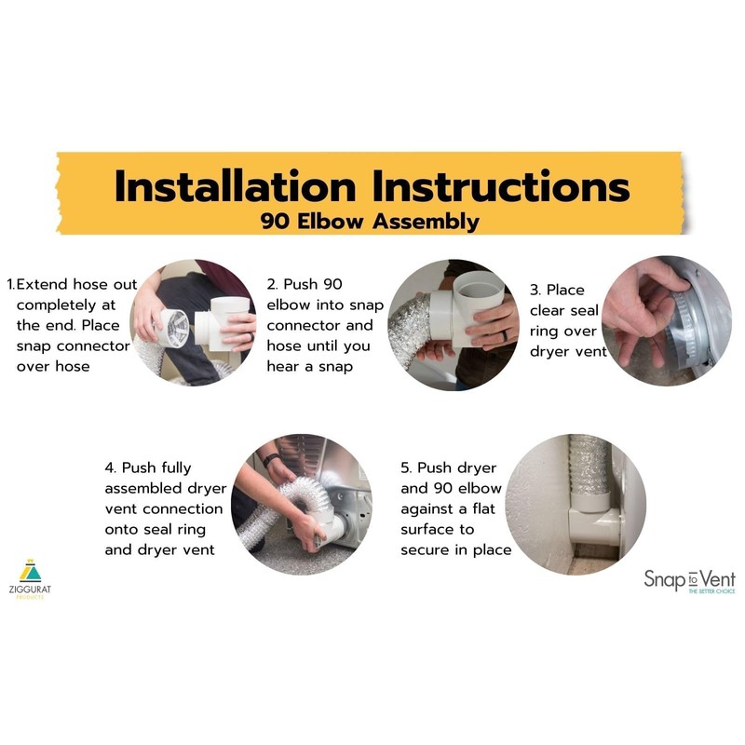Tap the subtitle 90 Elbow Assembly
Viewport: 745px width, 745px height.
(x=372, y=222)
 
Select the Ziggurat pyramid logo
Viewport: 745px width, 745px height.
(x=31, y=570)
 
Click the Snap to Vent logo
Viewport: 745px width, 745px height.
(x=688, y=580)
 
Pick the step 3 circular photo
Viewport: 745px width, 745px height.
(x=667, y=321)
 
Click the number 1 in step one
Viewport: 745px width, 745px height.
(x=10, y=284)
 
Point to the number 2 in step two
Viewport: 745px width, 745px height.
(x=272, y=284)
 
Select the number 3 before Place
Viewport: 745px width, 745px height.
(x=535, y=290)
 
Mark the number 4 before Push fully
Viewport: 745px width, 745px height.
(x=110, y=467)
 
